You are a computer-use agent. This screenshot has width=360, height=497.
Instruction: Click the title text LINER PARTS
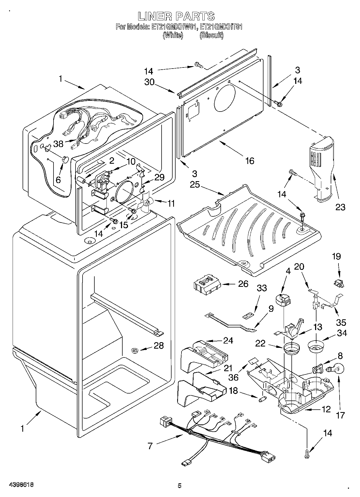click(x=176, y=16)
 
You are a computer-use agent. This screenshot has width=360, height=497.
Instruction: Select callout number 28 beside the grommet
click(x=158, y=345)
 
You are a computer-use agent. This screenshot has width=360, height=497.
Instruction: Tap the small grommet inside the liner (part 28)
click(x=135, y=350)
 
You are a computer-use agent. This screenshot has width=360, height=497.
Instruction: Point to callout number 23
click(x=340, y=207)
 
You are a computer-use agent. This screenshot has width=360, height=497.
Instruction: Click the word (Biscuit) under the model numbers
click(x=211, y=35)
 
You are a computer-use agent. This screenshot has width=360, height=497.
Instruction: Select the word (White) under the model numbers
click(x=173, y=35)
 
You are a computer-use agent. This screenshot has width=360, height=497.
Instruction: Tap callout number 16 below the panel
click(x=250, y=161)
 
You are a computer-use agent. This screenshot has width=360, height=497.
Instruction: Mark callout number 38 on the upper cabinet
click(x=58, y=144)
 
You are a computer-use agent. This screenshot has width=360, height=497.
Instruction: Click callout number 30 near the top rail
click(x=149, y=82)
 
